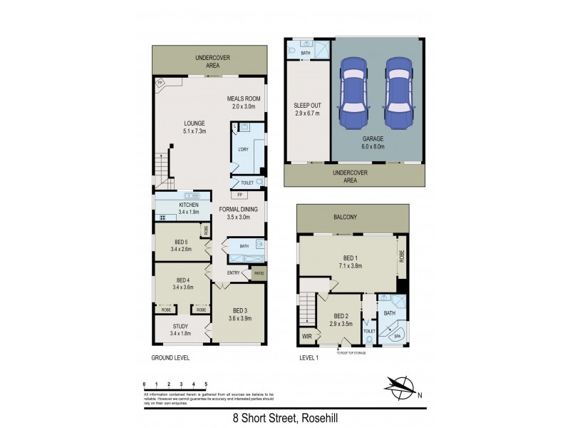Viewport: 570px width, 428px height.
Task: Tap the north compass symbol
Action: [401, 387]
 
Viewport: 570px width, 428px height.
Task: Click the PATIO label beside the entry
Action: [259, 272]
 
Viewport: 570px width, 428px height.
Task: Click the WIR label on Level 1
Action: [308, 335]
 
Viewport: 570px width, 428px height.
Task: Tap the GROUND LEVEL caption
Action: [170, 357]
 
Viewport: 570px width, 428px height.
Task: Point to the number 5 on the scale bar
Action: [206, 383]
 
